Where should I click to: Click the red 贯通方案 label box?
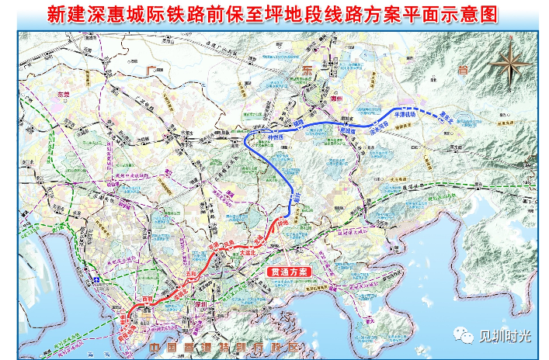(288, 272)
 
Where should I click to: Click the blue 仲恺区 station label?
(276, 135)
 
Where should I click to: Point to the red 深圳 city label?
(203, 302)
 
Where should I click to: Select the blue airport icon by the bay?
(96, 275)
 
